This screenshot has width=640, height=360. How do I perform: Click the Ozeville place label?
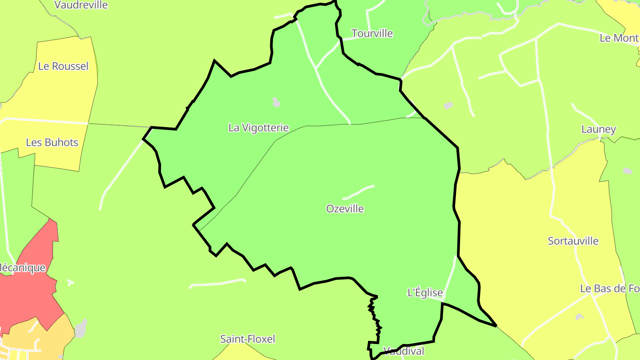click(x=345, y=209)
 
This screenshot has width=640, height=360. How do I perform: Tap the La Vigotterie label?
click(x=258, y=128)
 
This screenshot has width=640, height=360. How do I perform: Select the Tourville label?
click(x=372, y=34)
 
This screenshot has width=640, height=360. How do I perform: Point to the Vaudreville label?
click(x=81, y=5)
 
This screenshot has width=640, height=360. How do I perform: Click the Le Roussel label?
click(x=63, y=67)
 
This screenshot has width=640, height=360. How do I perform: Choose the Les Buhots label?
click(x=52, y=143)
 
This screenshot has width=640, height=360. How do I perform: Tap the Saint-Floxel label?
click(x=248, y=339)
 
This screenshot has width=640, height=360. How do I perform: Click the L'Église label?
click(x=425, y=292)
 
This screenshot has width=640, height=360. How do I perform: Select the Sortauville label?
click(x=573, y=241)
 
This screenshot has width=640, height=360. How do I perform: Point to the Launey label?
click(x=599, y=130)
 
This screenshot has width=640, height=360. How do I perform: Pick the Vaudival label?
click(x=403, y=351)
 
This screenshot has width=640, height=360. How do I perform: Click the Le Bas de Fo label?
click(x=609, y=289)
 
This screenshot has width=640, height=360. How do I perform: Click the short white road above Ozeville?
click(x=358, y=192)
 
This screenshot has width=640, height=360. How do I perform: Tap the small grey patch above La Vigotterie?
click(x=276, y=103)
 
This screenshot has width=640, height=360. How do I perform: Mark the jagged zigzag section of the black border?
click(x=375, y=318)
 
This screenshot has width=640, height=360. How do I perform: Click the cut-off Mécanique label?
click(x=23, y=268)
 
